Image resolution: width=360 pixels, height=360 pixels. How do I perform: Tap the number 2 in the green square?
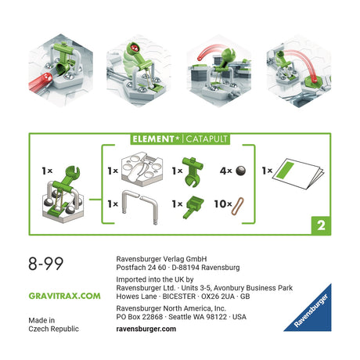[x=319, y=224]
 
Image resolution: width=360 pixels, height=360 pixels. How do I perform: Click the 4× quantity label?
[x=222, y=170]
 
